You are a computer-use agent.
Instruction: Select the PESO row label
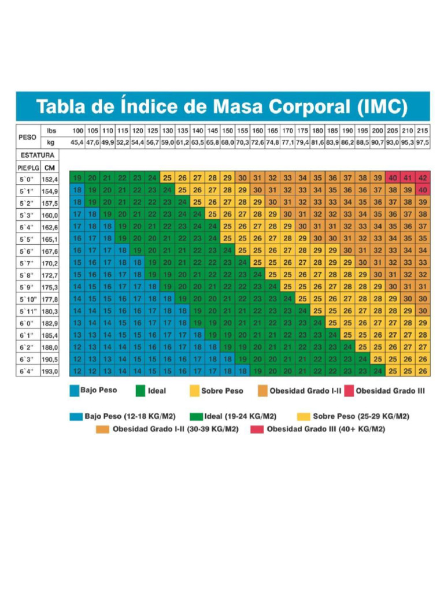click(x=27, y=138)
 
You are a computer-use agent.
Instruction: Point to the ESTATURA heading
click(x=38, y=156)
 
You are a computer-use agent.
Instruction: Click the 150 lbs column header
click(x=228, y=132)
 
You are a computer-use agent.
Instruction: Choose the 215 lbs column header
click(x=423, y=132)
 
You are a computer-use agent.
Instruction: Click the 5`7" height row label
click(x=27, y=263)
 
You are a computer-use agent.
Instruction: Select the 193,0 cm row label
click(x=50, y=372)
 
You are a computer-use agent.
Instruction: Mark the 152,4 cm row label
click(x=50, y=179)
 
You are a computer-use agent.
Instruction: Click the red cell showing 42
click(x=423, y=178)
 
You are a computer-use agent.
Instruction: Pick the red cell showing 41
click(x=408, y=178)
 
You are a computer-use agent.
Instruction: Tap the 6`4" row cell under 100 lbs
click(x=77, y=371)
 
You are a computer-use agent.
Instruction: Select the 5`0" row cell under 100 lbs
click(x=77, y=178)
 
